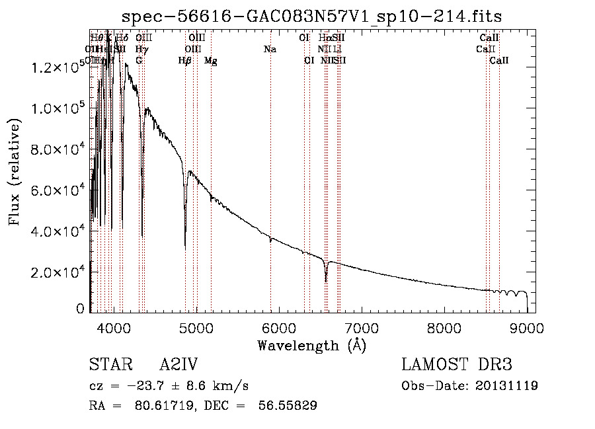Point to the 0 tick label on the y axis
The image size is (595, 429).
pos(81,309)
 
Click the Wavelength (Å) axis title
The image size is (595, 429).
pos(311,345)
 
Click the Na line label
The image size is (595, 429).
pos(270,49)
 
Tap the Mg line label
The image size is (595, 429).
pos(211,61)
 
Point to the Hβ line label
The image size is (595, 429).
pos(185,61)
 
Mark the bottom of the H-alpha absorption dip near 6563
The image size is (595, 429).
pos(326,281)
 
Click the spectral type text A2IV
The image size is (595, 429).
pos(178,365)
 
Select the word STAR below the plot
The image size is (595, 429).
pos(108,365)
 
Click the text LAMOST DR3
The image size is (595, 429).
pos(457,365)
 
